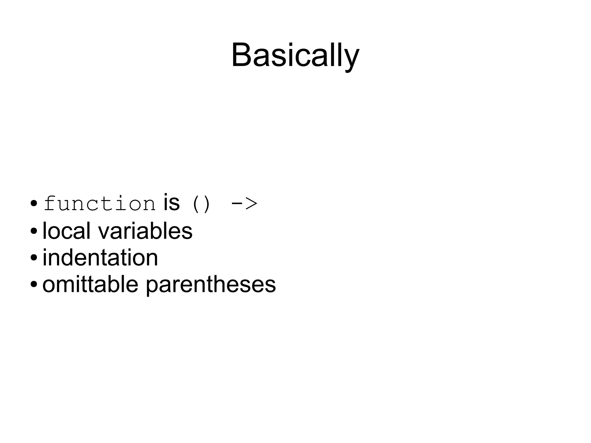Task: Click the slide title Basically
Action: click(x=295, y=55)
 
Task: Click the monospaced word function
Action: click(x=100, y=204)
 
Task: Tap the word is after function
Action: click(x=171, y=203)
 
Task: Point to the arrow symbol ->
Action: click(x=244, y=204)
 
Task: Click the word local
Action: click(x=66, y=231)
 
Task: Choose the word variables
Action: click(x=145, y=231)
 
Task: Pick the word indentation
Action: click(x=100, y=257)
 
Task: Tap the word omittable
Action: click(x=90, y=284)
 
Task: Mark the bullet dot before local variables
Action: click(x=34, y=231)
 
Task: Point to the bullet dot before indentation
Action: click(x=34, y=257)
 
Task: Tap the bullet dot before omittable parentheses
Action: click(x=34, y=284)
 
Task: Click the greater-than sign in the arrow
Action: click(x=251, y=204)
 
